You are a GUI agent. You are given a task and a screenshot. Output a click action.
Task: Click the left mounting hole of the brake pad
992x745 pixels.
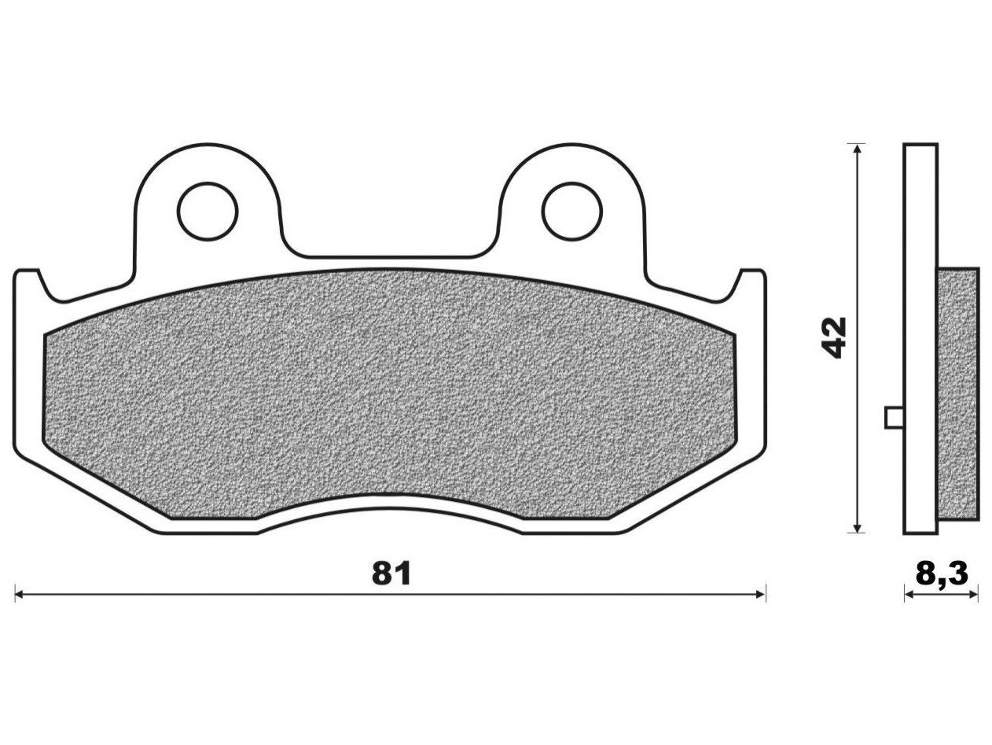(208, 212)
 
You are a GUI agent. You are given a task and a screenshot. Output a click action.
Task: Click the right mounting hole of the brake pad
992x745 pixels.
(572, 212)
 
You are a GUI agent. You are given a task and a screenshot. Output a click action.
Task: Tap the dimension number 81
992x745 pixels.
(391, 574)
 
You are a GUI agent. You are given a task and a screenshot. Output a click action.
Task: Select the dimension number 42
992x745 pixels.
(832, 337)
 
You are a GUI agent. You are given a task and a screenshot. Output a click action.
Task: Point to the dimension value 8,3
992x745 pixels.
(942, 574)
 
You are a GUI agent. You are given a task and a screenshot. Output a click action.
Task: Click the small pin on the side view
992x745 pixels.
(895, 417)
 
